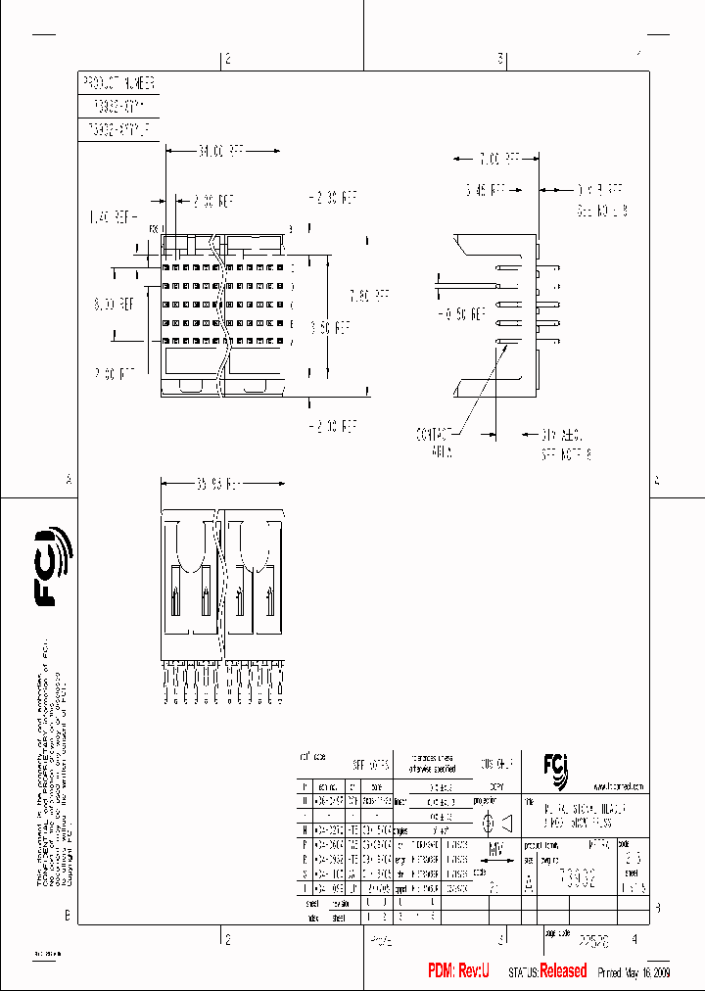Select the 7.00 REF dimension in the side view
pyautogui.click(x=498, y=158)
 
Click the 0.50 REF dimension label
pyautogui.click(x=463, y=314)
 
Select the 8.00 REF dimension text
pyautogui.click(x=115, y=304)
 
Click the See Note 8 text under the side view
pyautogui.click(x=568, y=454)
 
